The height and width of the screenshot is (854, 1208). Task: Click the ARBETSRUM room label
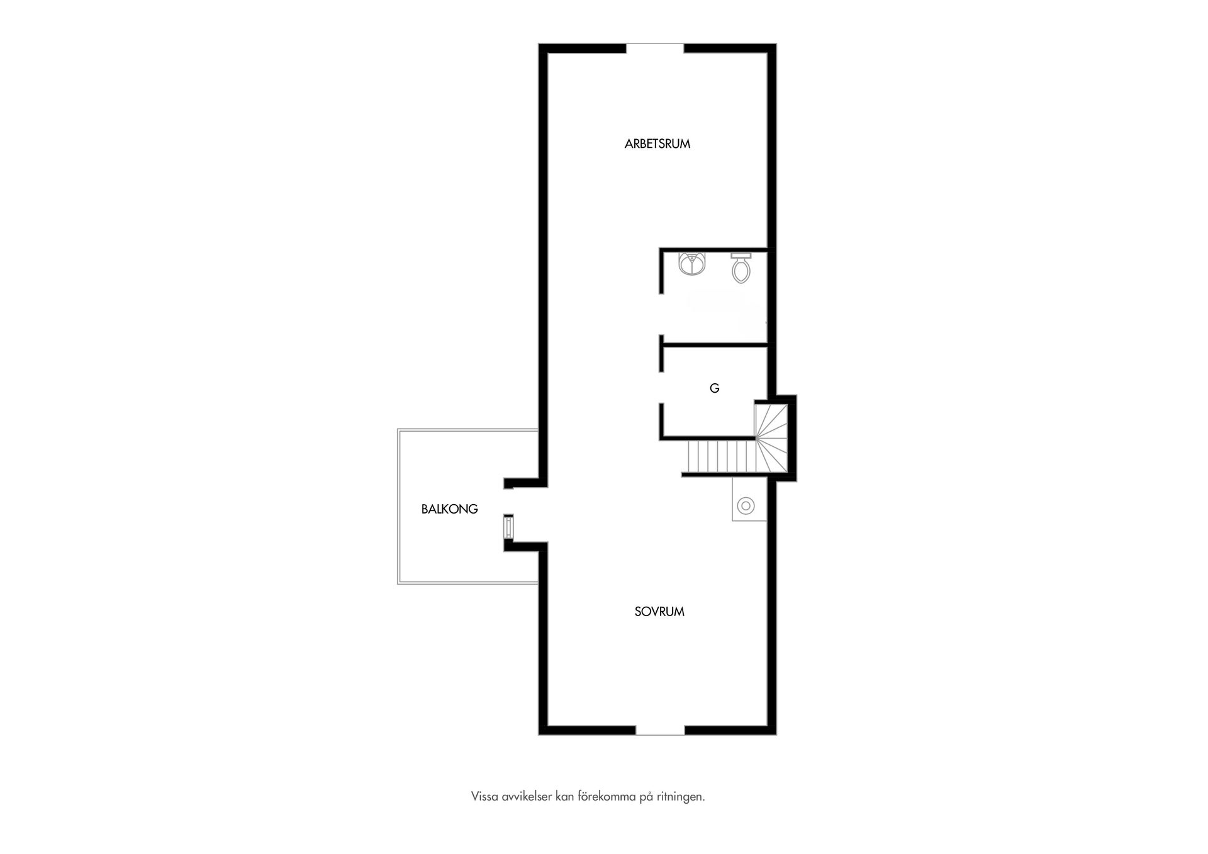(x=657, y=144)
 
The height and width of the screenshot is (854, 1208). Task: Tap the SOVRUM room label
(x=659, y=612)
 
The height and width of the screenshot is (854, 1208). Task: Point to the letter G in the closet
(x=714, y=388)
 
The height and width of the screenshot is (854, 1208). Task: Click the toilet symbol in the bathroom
(x=741, y=267)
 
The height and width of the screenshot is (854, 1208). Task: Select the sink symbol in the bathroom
(x=693, y=264)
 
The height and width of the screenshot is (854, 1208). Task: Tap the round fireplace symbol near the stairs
(x=746, y=505)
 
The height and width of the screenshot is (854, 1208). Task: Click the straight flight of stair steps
(x=721, y=457)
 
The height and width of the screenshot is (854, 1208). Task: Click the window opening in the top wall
(x=655, y=48)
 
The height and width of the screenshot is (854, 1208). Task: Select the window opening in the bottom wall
(x=660, y=730)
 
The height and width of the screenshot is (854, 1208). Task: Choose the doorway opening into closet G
(x=661, y=388)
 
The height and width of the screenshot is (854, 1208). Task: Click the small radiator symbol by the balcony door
(x=508, y=527)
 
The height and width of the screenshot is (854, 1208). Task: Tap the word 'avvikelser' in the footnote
(x=527, y=797)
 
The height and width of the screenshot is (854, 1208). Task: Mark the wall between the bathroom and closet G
(x=713, y=345)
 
